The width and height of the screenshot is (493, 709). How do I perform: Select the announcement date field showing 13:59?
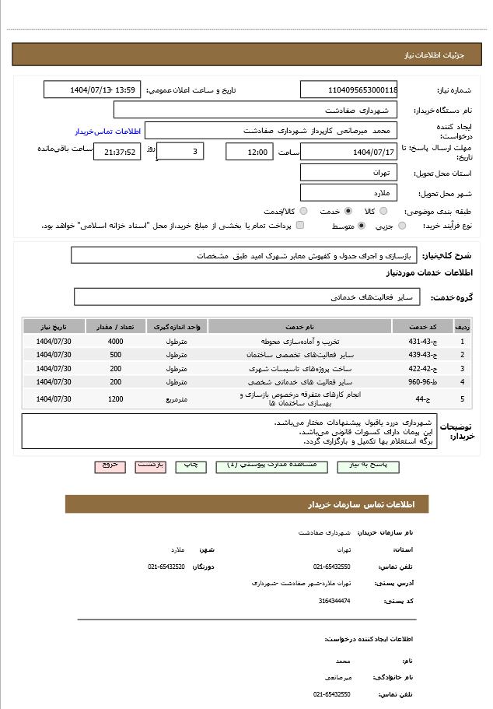coord(93,90)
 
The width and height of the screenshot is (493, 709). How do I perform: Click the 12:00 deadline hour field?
coord(249,152)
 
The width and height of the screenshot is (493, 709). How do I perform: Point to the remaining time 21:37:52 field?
coord(117,152)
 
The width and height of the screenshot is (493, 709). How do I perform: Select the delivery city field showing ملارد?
coord(348,192)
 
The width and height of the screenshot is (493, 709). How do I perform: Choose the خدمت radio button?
coord(348,211)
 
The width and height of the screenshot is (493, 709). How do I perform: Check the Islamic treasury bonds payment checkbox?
coord(300,226)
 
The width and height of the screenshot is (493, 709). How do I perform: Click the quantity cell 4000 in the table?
coord(115,342)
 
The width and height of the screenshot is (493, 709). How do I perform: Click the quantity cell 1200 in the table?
coord(115,399)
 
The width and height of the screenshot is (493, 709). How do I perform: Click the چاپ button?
coord(191,465)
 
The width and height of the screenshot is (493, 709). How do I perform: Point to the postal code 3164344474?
coord(334,601)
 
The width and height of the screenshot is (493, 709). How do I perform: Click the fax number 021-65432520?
coord(166,567)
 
